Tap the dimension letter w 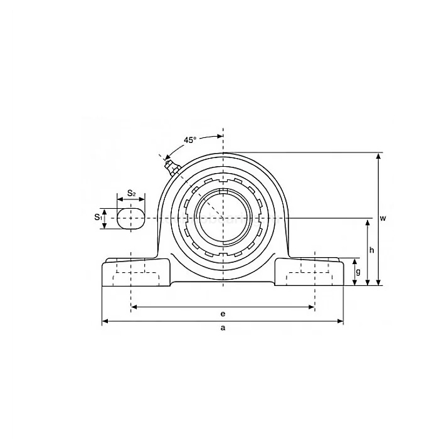(383, 218)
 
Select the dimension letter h (372, 250)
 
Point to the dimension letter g (358, 271)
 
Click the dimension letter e (223, 313)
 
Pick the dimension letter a (223, 328)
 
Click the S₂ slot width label (131, 193)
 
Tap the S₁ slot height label (98, 217)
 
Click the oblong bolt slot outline (131, 218)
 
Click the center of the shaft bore (223, 218)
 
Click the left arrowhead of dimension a (105, 322)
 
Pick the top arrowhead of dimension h (368, 221)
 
